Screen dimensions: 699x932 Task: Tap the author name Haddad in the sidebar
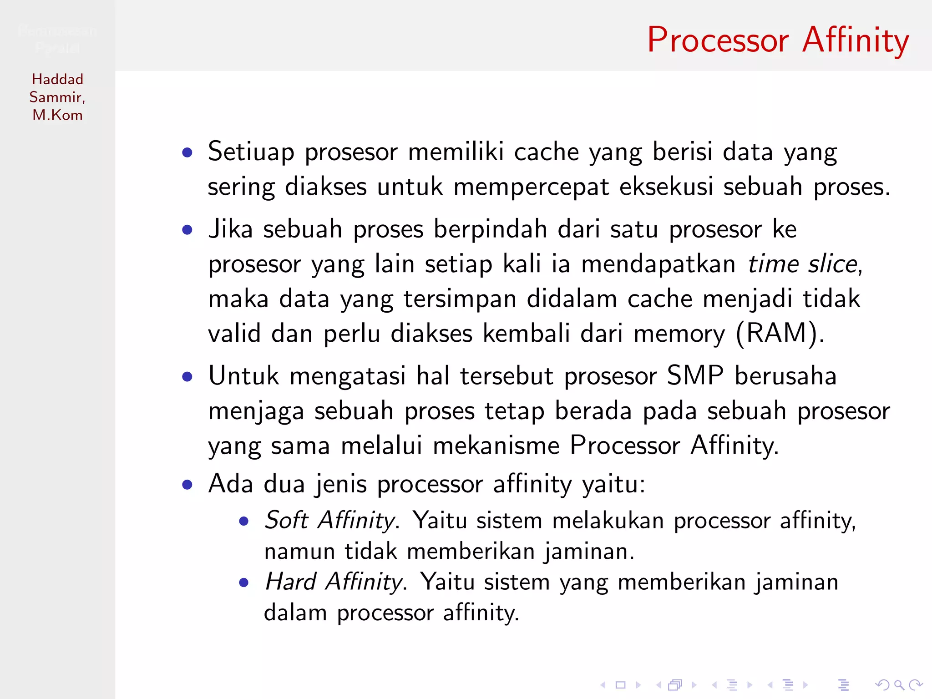[57, 79]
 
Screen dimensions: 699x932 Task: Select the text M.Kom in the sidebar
[57, 115]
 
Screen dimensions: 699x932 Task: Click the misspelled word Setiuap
[251, 152]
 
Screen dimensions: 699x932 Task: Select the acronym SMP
[695, 376]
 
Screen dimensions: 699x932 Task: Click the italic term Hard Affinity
[334, 582]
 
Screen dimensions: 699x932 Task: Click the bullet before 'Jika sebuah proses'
[187, 230]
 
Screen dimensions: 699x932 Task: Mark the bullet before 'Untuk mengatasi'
[187, 377]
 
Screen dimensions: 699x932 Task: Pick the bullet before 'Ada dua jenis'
[187, 485]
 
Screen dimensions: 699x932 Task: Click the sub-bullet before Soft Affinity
[244, 521]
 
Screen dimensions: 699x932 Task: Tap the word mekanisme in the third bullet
[496, 446]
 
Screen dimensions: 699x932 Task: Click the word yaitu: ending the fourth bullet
[614, 484]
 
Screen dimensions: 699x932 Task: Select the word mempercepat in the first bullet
[531, 187]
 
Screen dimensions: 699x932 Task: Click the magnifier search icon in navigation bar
[899, 685]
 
